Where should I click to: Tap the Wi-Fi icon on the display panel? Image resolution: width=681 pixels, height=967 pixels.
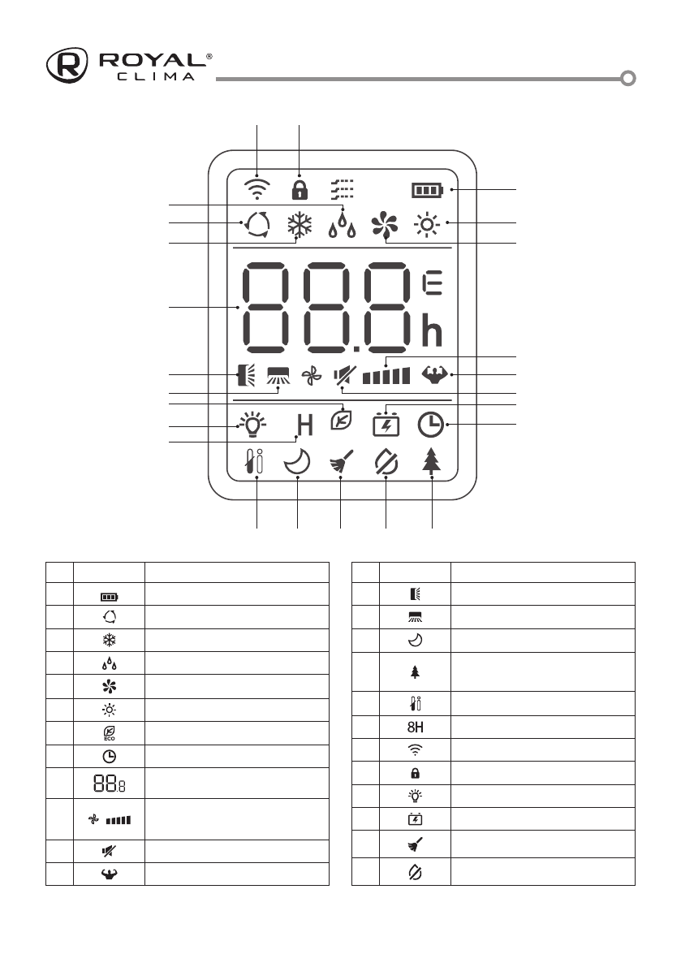[257, 188]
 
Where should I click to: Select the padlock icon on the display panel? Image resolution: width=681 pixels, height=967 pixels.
[300, 189]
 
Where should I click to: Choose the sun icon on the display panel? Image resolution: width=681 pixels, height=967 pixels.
[427, 224]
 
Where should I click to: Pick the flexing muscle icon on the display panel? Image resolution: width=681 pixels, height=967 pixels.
[435, 376]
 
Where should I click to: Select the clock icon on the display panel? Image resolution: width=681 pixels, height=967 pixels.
[430, 424]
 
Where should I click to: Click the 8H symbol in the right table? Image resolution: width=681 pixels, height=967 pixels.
[415, 726]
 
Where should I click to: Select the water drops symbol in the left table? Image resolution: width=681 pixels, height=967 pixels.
[109, 663]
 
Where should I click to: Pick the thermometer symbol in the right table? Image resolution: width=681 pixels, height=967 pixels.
[415, 702]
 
